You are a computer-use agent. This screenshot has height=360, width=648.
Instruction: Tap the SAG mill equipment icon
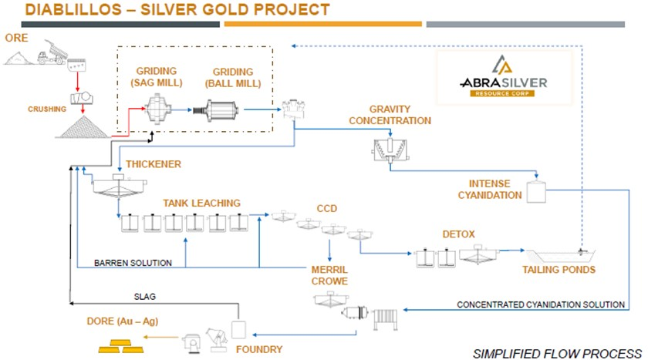click(158, 109)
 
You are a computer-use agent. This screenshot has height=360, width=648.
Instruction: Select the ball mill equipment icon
click(216, 110)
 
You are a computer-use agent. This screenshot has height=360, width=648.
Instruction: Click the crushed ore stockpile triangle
click(83, 126)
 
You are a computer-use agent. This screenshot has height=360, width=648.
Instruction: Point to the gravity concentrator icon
click(390, 150)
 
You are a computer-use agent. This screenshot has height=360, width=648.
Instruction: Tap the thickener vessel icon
click(119, 184)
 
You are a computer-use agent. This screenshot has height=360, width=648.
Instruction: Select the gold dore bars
click(121, 346)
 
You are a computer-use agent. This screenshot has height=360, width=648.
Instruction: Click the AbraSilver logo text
click(503, 83)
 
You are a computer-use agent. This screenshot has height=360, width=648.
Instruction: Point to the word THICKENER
click(154, 164)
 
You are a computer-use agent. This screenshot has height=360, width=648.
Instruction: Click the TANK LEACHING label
click(201, 203)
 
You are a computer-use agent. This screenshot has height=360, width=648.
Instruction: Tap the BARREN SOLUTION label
click(133, 263)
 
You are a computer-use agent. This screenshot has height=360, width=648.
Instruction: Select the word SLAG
click(145, 297)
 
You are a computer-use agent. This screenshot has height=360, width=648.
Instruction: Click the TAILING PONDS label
click(559, 270)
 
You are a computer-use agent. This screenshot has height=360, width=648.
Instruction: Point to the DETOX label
click(458, 234)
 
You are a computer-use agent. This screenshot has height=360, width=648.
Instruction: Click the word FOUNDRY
click(259, 349)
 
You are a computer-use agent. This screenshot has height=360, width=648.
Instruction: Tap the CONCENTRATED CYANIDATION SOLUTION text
click(541, 304)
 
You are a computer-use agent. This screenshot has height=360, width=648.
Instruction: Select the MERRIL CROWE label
click(329, 275)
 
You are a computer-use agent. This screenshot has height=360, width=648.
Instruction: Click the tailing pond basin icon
click(562, 256)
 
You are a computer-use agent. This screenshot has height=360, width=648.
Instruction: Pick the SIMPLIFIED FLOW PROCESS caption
click(557, 354)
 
